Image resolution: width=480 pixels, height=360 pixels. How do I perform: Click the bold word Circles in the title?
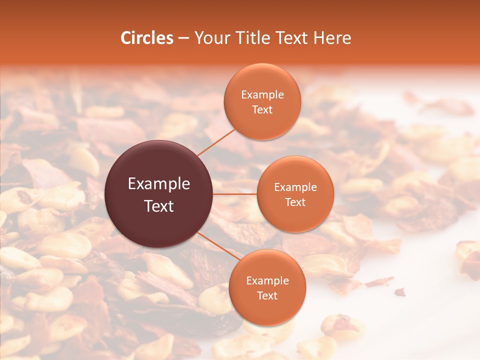(x=147, y=38)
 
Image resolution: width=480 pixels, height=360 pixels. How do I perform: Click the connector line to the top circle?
(x=216, y=141)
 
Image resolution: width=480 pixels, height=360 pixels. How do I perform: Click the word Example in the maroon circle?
(x=159, y=184)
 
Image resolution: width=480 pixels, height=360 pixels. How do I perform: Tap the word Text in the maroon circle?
(x=159, y=206)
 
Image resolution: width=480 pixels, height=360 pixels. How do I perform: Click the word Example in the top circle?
(x=262, y=95)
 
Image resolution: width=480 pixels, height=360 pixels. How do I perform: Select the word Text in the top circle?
(x=262, y=109)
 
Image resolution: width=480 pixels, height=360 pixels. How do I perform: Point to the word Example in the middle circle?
(x=295, y=187)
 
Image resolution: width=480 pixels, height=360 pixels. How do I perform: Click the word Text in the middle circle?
(x=295, y=202)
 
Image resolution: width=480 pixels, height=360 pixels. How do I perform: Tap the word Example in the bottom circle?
(x=267, y=281)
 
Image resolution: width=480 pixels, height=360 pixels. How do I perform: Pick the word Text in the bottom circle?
(x=267, y=295)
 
